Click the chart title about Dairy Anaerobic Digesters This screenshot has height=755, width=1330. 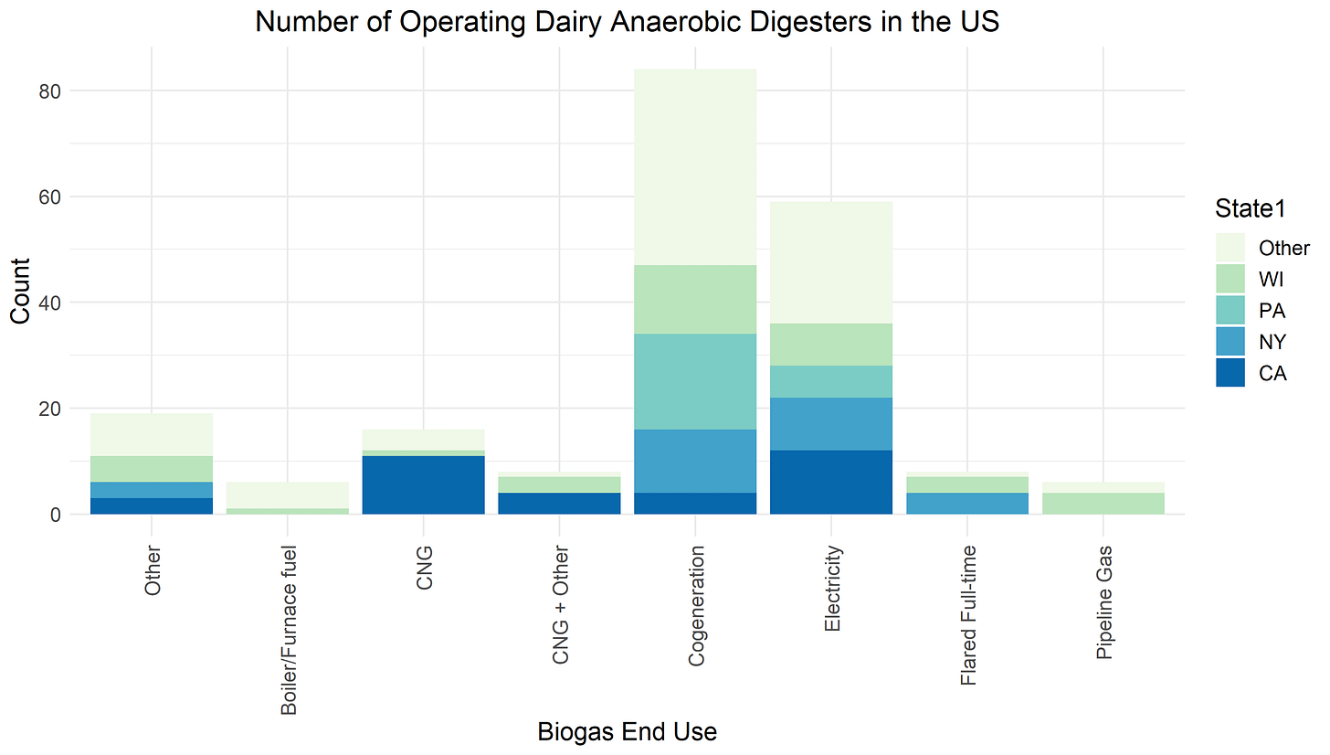click(x=627, y=21)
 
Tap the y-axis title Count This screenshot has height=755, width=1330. click(x=20, y=290)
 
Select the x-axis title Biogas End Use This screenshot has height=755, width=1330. click(x=627, y=732)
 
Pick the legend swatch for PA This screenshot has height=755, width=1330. click(x=1230, y=311)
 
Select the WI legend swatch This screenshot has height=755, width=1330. click(x=1230, y=279)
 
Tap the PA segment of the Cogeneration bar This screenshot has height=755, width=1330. click(x=695, y=381)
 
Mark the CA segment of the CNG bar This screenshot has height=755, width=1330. click(x=423, y=485)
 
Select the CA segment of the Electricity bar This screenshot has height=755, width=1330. click(x=831, y=483)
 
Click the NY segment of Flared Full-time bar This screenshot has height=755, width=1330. click(x=967, y=504)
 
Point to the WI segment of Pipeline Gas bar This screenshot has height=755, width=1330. click(x=1103, y=504)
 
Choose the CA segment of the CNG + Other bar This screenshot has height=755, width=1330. click(x=559, y=504)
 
